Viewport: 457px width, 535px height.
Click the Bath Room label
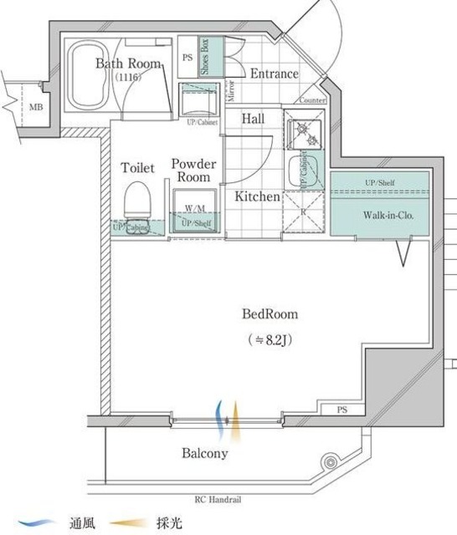(x=128, y=63)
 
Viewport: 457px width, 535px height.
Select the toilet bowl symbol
(x=137, y=201)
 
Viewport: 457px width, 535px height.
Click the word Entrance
(x=274, y=74)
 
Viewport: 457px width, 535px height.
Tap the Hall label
(x=254, y=120)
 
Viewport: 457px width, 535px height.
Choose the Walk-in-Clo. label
(x=388, y=215)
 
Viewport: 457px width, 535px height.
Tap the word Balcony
(x=205, y=454)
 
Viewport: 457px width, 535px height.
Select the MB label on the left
(x=36, y=107)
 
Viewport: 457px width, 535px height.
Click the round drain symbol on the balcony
(x=330, y=462)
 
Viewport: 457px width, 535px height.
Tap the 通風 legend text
(x=81, y=523)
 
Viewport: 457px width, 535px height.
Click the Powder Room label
(x=194, y=171)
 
